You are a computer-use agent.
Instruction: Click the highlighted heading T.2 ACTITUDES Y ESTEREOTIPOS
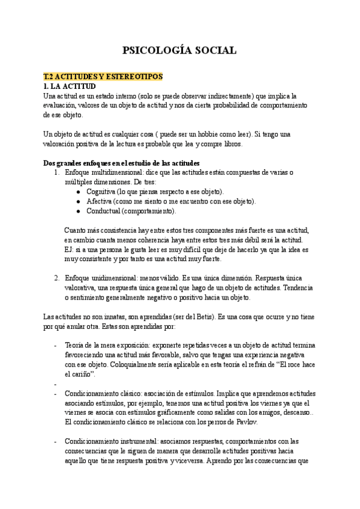(x=100, y=77)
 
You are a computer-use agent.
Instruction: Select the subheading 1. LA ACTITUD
(x=71, y=86)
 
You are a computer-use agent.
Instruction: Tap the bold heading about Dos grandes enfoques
(x=122, y=164)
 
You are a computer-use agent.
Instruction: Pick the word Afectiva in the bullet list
(x=100, y=201)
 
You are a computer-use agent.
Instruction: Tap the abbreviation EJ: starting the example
(x=70, y=250)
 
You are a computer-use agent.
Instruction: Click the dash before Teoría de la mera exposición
(x=55, y=346)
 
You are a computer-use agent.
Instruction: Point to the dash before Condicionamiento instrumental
(x=55, y=441)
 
